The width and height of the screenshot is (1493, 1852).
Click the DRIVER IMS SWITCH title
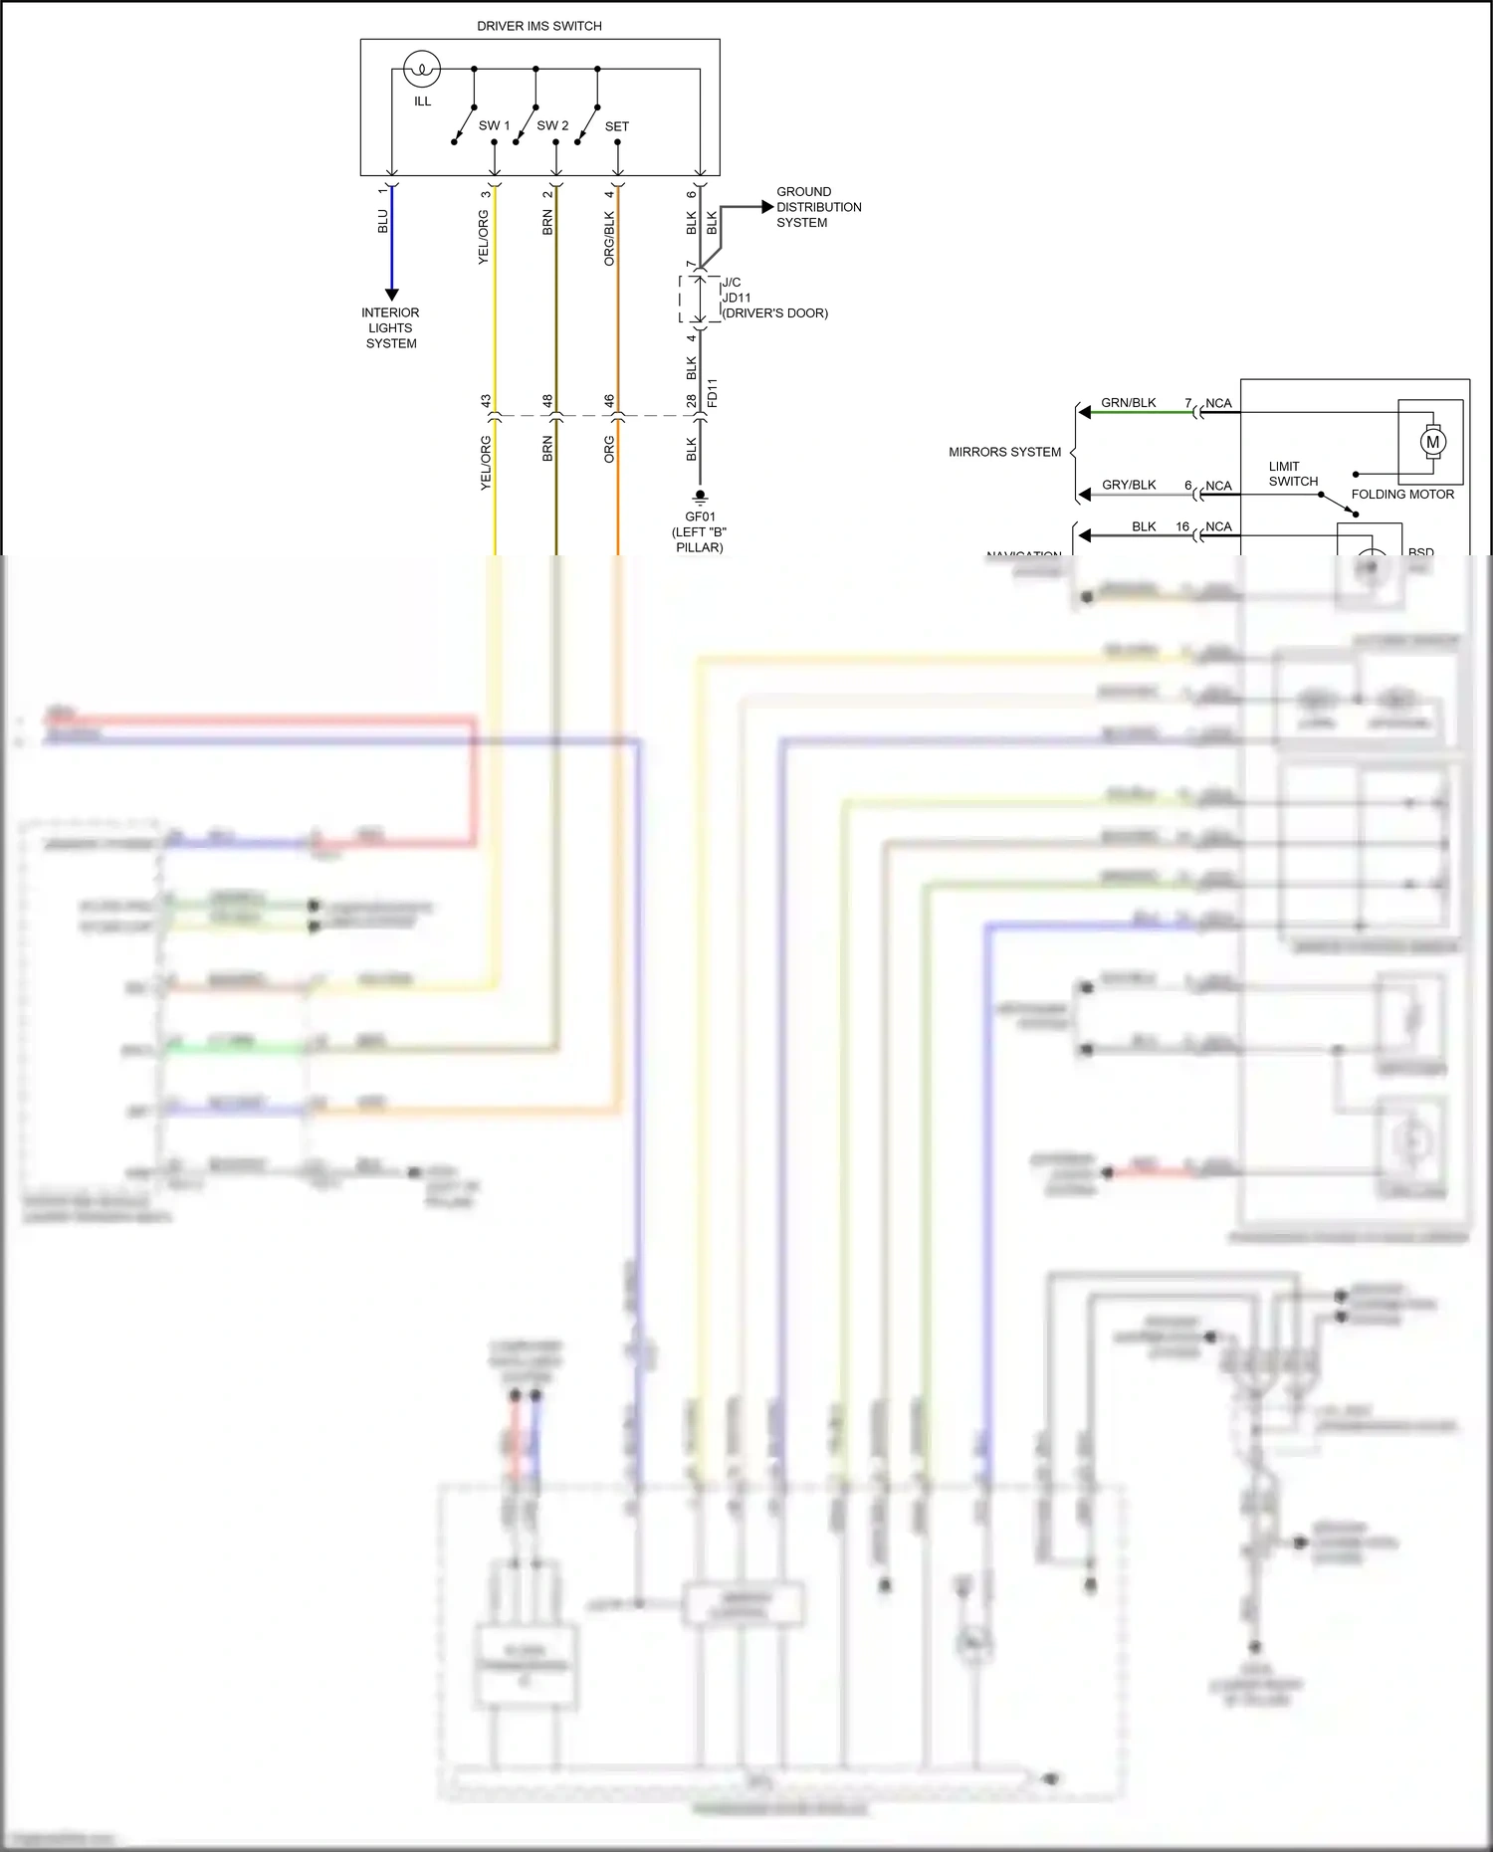(x=538, y=26)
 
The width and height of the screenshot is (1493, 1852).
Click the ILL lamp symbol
(x=422, y=70)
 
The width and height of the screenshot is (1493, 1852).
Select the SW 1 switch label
(x=494, y=126)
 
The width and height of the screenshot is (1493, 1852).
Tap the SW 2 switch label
(x=552, y=126)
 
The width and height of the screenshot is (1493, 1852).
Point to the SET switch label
(x=616, y=126)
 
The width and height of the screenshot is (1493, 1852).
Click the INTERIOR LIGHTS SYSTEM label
(x=390, y=327)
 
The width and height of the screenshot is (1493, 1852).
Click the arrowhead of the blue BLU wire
(x=391, y=294)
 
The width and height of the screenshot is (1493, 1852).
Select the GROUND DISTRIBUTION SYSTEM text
(x=818, y=207)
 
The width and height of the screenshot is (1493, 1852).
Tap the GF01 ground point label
(x=700, y=517)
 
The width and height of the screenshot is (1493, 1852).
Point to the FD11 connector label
(x=713, y=393)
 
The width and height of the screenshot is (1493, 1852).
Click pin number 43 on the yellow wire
(x=486, y=401)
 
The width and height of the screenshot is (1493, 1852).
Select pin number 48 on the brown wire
(x=547, y=401)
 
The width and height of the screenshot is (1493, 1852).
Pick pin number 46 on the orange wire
(x=609, y=401)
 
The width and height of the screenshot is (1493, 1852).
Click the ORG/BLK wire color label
(x=609, y=238)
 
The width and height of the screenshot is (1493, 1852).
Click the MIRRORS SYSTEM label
(x=1004, y=452)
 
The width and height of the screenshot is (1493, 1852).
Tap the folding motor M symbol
(x=1432, y=442)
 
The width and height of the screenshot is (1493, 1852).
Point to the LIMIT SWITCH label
(x=1293, y=474)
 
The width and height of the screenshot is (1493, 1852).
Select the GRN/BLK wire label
(x=1128, y=403)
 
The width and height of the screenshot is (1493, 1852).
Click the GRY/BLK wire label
(x=1129, y=485)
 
